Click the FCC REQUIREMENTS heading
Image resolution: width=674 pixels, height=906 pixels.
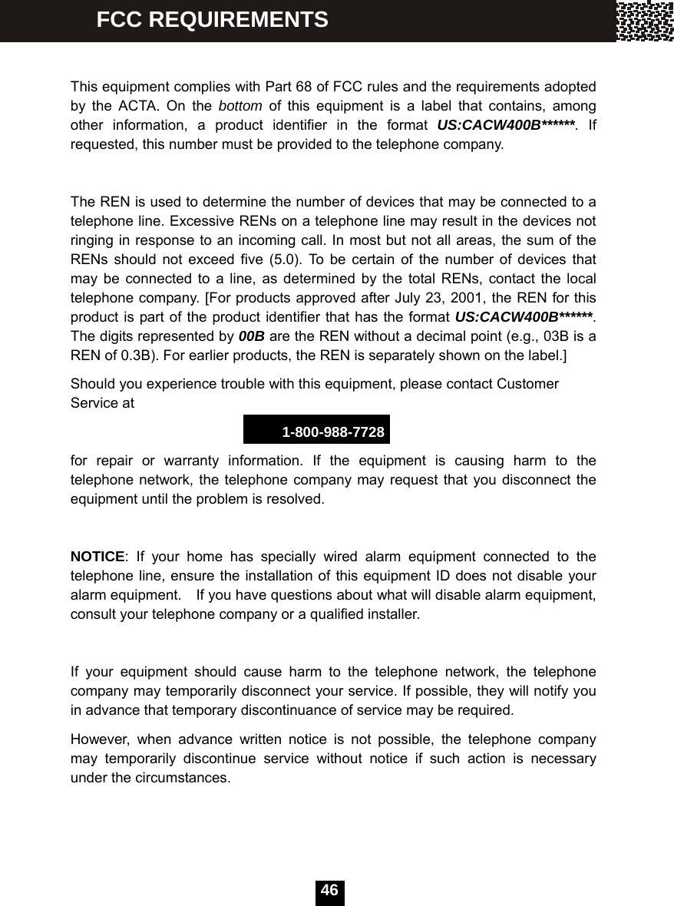(212, 19)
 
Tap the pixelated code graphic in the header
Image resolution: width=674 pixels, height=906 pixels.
(645, 21)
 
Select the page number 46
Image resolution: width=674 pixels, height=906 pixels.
(329, 891)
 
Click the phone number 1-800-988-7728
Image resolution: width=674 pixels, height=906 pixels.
(333, 432)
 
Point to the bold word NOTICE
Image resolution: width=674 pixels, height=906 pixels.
(97, 556)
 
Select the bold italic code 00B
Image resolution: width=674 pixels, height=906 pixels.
(252, 336)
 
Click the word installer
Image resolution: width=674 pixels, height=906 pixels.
(393, 615)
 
